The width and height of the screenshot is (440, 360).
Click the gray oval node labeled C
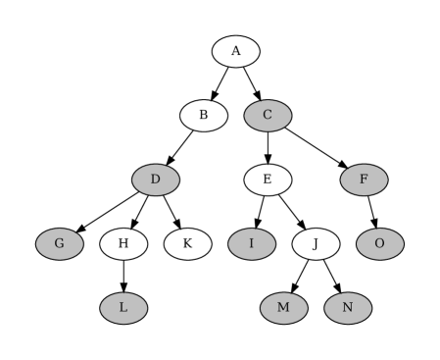point(268,116)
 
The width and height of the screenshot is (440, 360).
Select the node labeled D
point(156,180)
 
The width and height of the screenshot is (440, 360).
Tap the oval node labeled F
point(364,180)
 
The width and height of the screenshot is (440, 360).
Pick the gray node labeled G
point(60,243)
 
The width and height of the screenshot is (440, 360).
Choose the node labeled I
point(252,243)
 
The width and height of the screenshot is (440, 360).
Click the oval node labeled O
point(379,243)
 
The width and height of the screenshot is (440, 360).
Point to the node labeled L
point(123,308)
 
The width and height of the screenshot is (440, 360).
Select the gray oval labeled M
point(283,308)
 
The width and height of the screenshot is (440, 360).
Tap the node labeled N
point(348,308)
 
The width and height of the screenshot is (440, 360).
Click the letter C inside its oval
point(268,116)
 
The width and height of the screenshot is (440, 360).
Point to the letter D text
point(156,180)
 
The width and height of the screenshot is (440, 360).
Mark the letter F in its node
point(364,180)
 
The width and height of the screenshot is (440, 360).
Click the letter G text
point(60,243)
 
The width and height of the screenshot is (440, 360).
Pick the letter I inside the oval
point(252,243)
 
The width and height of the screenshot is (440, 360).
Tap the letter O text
point(379,243)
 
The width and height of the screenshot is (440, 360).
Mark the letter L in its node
point(123,308)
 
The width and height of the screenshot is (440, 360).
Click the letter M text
point(283,308)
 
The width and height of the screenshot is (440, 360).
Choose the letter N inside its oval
point(348,308)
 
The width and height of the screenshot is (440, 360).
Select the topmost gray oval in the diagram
point(268,116)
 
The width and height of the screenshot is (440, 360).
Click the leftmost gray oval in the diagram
point(60,243)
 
